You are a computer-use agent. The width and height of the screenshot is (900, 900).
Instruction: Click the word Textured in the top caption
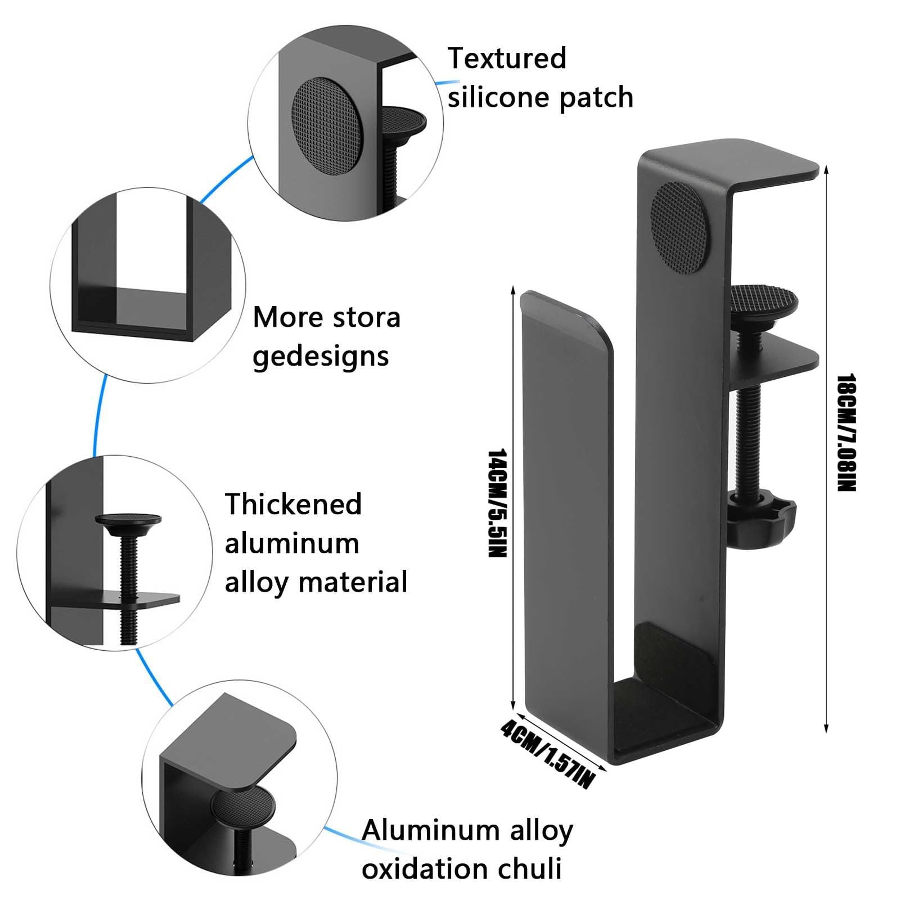pos(506,59)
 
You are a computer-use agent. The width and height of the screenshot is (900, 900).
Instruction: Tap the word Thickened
pos(293,504)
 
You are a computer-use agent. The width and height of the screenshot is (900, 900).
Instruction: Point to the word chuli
pos(534,868)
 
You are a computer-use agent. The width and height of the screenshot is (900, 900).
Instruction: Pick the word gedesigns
pos(321,357)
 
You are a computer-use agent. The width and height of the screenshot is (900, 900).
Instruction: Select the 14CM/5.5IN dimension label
pos(497,503)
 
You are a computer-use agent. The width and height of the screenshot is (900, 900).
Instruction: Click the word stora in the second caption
pos(366,318)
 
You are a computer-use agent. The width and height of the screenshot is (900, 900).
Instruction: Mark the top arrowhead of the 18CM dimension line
pos(826,168)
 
